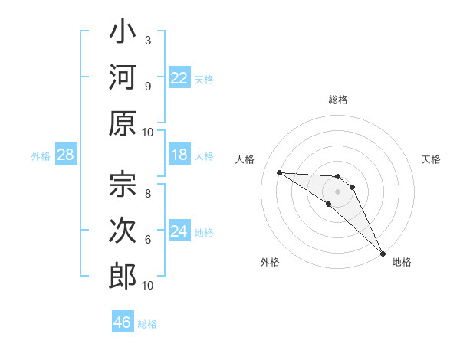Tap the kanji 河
(123, 78)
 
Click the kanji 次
(123, 230)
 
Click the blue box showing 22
(179, 78)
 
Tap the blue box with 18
(179, 155)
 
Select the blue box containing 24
(179, 231)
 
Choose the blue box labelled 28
(66, 155)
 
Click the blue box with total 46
(122, 322)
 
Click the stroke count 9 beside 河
(148, 84)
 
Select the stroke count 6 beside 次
(148, 239)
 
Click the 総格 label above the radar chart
(338, 100)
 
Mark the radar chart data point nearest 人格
(279, 172)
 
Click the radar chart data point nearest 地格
(382, 253)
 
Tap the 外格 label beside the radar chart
(270, 262)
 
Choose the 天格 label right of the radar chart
(432, 159)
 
